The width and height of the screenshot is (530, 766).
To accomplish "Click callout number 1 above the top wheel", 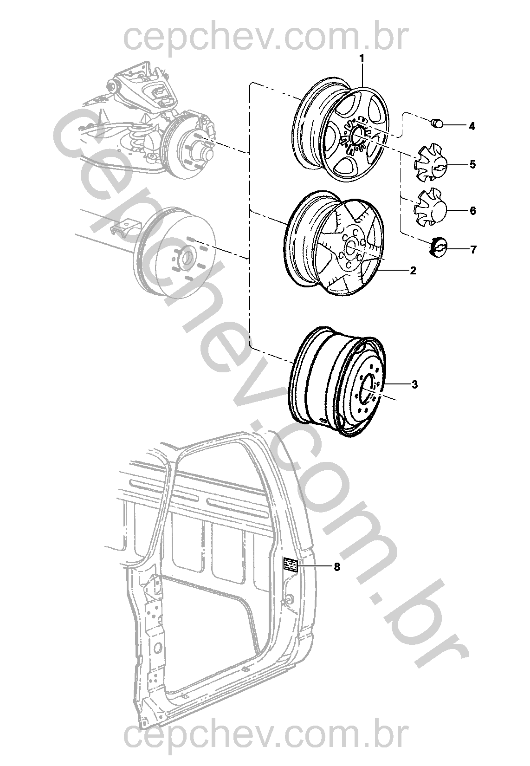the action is pos(362,58).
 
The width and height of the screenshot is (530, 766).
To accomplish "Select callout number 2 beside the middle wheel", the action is pos(413,271).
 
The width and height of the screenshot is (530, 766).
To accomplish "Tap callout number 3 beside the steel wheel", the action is pos(414,384).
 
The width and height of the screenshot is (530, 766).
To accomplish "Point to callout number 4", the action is pos(472,126).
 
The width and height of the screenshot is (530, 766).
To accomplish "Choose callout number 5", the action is pos(472,164).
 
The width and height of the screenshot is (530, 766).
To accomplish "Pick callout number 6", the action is pos(472,211).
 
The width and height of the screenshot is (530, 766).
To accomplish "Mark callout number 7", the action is pos(473,250).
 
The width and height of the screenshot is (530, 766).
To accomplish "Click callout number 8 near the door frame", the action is pos(337,567).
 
